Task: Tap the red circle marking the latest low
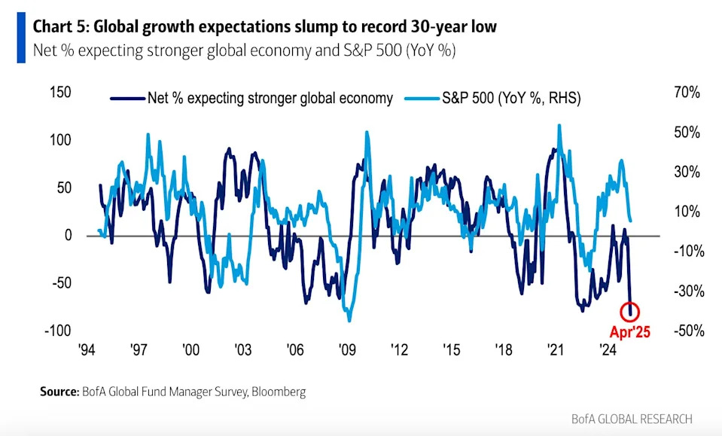pyautogui.click(x=631, y=309)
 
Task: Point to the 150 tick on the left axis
pyautogui.click(x=60, y=93)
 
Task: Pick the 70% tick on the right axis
pyautogui.click(x=687, y=93)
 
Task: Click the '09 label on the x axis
pyautogui.click(x=346, y=350)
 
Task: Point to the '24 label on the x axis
pyautogui.click(x=607, y=350)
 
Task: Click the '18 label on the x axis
pyautogui.click(x=503, y=350)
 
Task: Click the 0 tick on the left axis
pyautogui.click(x=68, y=236)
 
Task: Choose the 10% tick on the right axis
pyautogui.click(x=687, y=212)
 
